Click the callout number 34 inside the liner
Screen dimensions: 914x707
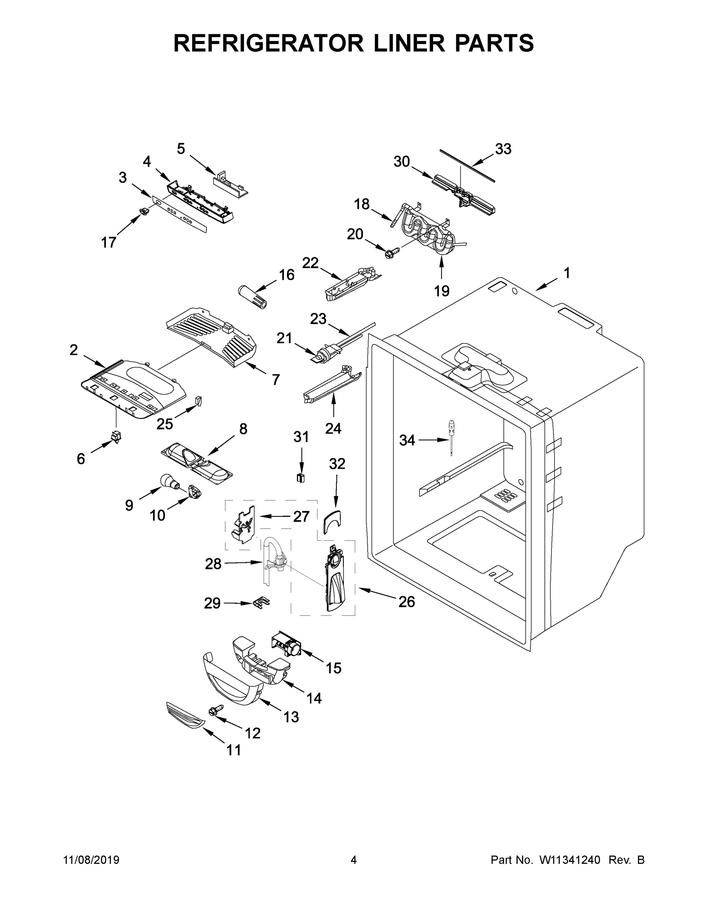(x=407, y=440)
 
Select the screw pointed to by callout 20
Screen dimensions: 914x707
(x=391, y=252)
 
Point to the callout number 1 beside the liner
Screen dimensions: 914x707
(x=567, y=273)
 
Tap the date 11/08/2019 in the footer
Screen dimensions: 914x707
(x=91, y=860)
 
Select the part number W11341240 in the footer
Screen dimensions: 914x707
(x=570, y=860)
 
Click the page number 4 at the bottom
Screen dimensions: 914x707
(x=354, y=860)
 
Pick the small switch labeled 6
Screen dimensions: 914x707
(x=115, y=436)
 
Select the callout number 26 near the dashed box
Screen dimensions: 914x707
(x=406, y=602)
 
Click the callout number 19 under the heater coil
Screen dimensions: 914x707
(x=441, y=291)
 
